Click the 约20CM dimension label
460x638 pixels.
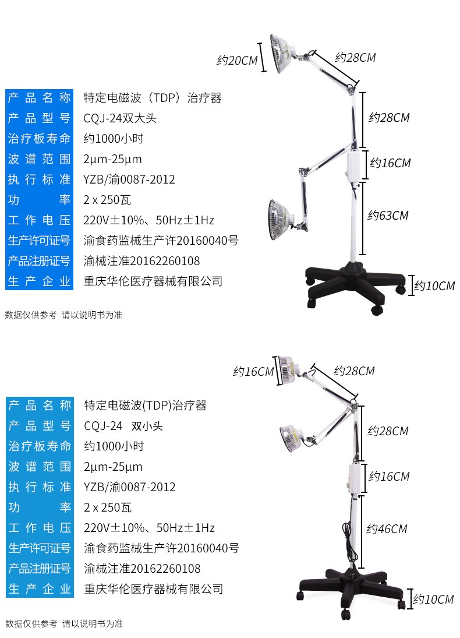[236, 60]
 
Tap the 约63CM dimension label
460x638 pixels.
[388, 216]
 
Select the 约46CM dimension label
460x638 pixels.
[387, 529]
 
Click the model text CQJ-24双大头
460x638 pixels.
[121, 118]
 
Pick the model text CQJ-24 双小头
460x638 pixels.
[123, 426]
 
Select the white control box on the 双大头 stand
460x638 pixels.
[354, 166]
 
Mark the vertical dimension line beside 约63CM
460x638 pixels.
[363, 218]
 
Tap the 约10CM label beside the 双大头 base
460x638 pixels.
[434, 286]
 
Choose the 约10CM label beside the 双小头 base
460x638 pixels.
[433, 599]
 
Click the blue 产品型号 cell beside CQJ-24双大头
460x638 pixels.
[39, 118]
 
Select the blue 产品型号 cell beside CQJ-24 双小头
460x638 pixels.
[40, 426]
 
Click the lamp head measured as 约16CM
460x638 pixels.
[286, 370]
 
